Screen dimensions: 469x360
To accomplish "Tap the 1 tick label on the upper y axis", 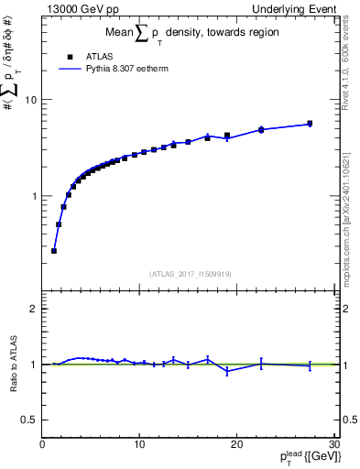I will pyautogui.click(x=34, y=196).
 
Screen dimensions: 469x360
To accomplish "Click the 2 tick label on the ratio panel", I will pyautogui.click(x=34, y=309).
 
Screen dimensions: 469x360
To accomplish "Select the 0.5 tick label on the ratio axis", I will pyautogui.click(x=28, y=420).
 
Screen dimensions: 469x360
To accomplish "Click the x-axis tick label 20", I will pyautogui.click(x=236, y=445).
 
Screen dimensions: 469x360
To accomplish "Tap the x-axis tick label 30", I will pyautogui.click(x=333, y=445).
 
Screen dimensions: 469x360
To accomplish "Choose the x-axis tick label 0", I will pyautogui.click(x=42, y=445).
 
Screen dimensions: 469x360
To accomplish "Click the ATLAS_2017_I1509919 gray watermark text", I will pyautogui.click(x=189, y=273).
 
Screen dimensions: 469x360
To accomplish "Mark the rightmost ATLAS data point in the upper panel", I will pyautogui.click(x=310, y=124).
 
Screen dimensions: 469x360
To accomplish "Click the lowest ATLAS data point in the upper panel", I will pyautogui.click(x=54, y=250).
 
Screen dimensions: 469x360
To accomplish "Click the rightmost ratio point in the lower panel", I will pyautogui.click(x=310, y=365).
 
